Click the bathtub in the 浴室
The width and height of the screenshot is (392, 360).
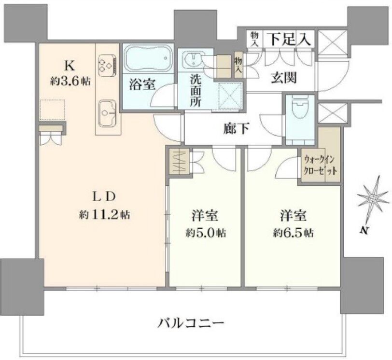[148, 58]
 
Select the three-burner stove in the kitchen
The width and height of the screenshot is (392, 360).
[108, 66]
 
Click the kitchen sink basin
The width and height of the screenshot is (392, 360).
[108, 113]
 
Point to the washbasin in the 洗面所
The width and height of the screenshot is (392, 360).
[192, 59]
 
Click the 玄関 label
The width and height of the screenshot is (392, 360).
[284, 78]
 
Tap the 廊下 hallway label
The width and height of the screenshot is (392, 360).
[236, 129]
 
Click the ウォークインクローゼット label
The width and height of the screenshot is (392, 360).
[320, 165]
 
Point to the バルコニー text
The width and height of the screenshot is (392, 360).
[191, 323]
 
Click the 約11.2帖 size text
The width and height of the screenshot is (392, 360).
[104, 214]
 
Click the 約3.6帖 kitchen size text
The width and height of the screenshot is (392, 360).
[70, 81]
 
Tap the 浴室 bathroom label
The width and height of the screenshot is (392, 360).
[142, 84]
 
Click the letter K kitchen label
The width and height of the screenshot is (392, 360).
[70, 66]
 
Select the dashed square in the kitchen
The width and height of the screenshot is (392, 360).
[53, 110]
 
